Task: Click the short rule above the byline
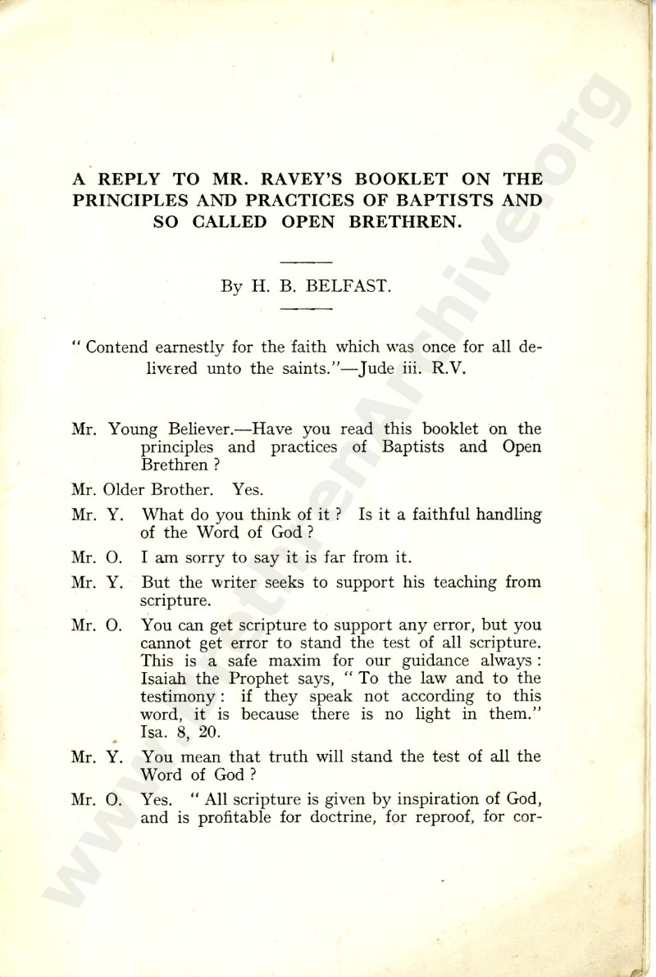click(x=306, y=262)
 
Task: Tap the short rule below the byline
click(x=306, y=309)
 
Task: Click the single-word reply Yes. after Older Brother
click(x=248, y=490)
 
